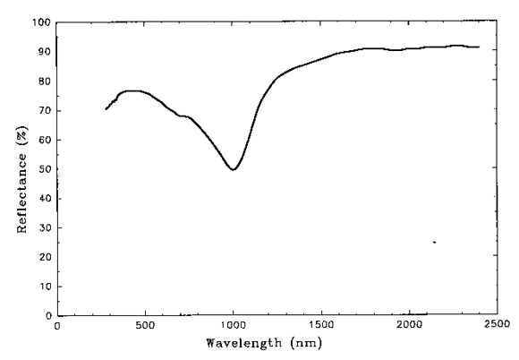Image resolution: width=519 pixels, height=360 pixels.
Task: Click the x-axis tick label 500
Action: click(145, 326)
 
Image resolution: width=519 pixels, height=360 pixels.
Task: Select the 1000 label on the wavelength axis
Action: click(233, 326)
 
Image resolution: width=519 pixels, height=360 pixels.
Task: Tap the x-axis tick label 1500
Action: click(320, 326)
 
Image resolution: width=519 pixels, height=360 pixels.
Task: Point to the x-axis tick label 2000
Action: click(408, 326)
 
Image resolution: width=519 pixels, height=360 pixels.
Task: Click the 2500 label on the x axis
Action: click(496, 326)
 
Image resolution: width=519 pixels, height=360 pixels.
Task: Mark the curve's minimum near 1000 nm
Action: click(233, 169)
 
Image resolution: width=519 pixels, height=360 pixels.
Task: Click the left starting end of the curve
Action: click(106, 109)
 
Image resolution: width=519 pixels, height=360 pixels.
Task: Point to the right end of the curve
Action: click(479, 47)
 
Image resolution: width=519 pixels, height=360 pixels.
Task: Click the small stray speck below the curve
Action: click(434, 242)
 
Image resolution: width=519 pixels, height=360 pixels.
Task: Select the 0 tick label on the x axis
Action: click(57, 326)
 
